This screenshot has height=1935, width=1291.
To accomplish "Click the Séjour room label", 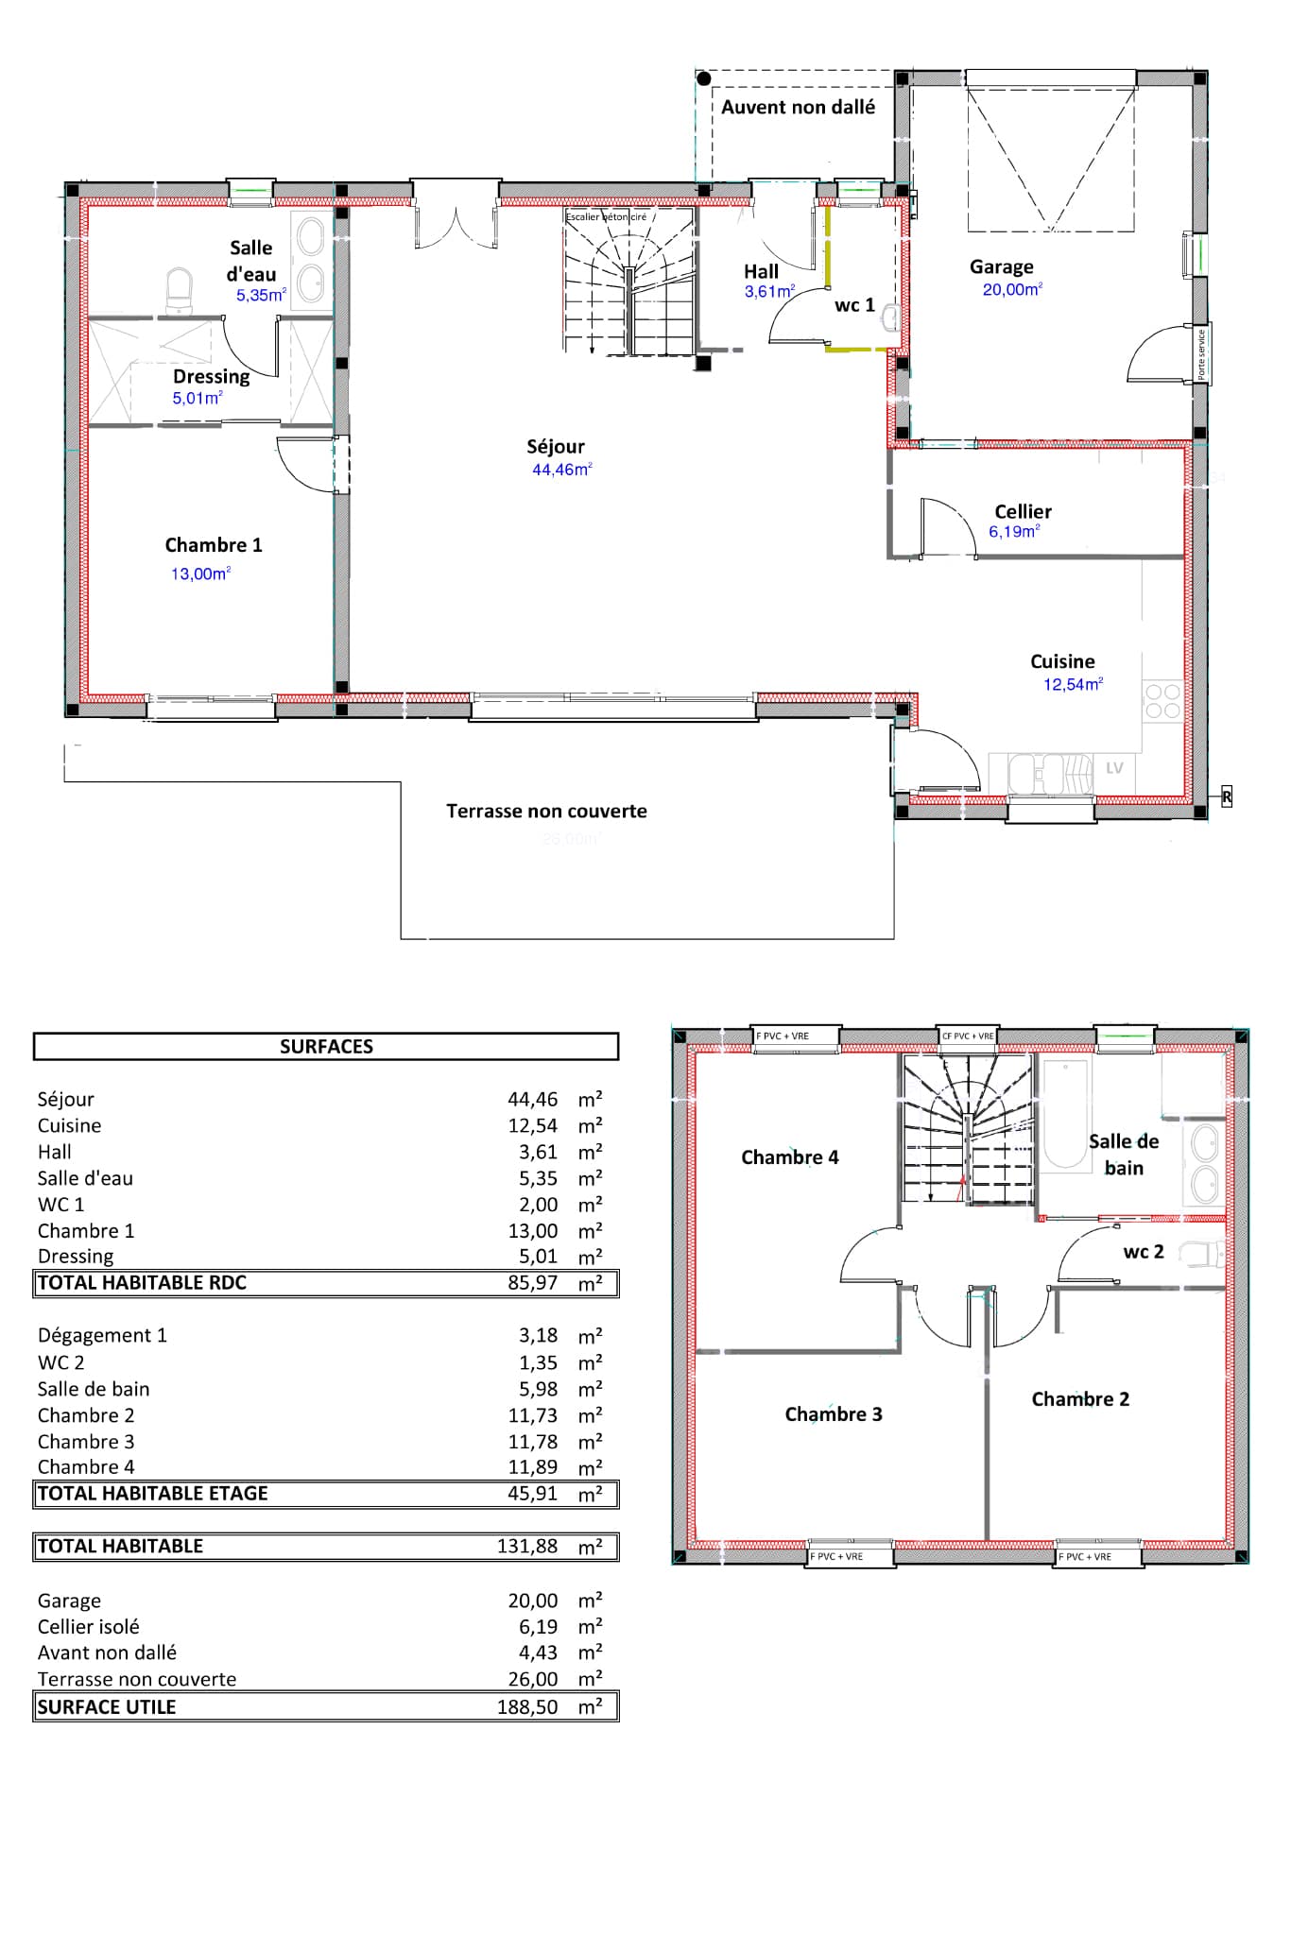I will click(556, 447).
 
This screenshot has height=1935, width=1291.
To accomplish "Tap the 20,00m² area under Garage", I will click(1011, 290).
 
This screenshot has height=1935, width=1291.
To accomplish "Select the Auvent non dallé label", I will click(798, 108).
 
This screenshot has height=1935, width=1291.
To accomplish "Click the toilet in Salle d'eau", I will click(179, 290).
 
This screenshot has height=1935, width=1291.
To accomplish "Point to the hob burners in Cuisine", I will click(1162, 702).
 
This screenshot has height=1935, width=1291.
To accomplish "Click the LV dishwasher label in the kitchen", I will click(1114, 768).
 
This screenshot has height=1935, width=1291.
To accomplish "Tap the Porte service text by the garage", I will click(1201, 354).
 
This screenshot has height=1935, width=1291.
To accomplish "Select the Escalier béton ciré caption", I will click(606, 217).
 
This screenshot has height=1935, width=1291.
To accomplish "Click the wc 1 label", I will click(854, 305).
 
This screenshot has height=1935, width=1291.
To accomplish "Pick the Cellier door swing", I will click(947, 527).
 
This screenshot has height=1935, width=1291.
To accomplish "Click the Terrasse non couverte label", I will click(546, 812).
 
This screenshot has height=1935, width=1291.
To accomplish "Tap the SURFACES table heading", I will click(326, 1047).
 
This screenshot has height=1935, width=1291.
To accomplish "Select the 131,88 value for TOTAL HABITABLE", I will click(527, 1547).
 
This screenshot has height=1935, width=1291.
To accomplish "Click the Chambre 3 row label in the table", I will click(86, 1442).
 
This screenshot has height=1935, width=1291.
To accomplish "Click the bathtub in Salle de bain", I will click(1065, 1115).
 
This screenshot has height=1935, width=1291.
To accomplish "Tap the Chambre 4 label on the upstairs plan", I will click(789, 1157).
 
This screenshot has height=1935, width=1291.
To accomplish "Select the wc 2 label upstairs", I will click(1143, 1252).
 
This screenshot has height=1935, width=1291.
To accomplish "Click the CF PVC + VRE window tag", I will click(967, 1036).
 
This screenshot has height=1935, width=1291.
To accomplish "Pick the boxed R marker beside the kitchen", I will click(1226, 797).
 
